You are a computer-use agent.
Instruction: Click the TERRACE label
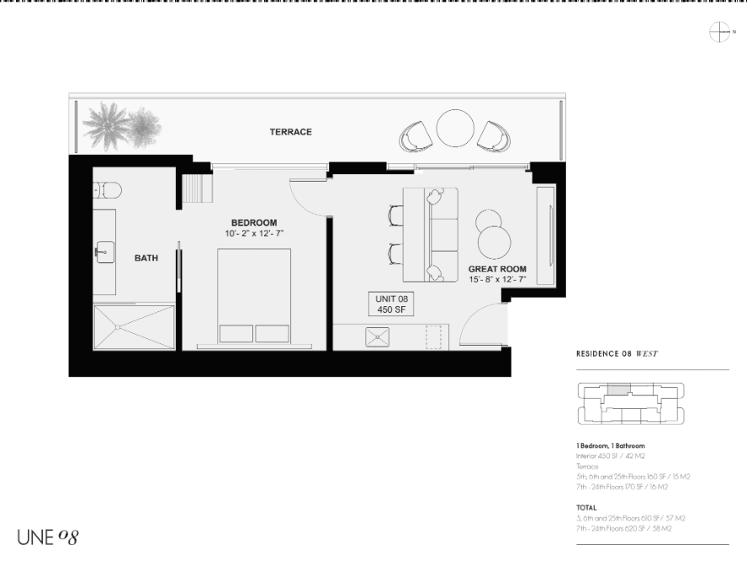click(291, 132)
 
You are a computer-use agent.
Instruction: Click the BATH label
click(146, 258)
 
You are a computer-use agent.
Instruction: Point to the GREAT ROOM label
click(496, 268)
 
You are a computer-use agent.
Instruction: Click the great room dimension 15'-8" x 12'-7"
click(497, 278)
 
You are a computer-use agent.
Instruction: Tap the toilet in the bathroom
click(109, 190)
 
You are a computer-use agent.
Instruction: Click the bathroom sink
click(104, 250)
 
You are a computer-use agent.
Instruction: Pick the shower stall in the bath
click(134, 326)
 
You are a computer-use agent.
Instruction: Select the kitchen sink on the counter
click(377, 336)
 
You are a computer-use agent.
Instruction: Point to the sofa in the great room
click(432, 235)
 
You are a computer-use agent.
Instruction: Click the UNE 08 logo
click(47, 536)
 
